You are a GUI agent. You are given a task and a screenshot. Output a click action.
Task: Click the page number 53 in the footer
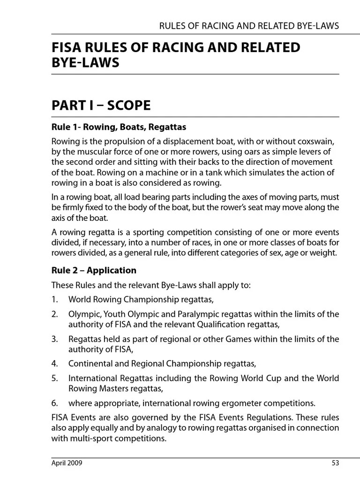point(335,463)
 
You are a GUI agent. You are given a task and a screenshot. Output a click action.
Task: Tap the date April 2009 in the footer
point(67,463)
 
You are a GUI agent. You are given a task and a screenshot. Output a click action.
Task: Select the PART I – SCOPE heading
point(101,105)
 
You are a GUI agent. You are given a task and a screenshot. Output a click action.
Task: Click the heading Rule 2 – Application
point(94,270)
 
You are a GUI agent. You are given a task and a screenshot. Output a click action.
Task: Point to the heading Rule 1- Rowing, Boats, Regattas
point(119,127)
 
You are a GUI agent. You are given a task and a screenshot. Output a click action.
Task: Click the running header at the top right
point(249,26)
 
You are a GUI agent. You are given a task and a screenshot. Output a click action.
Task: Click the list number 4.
point(54,364)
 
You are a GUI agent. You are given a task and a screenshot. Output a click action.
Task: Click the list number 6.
point(54,403)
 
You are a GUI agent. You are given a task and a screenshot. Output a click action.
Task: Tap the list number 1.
point(54,299)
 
